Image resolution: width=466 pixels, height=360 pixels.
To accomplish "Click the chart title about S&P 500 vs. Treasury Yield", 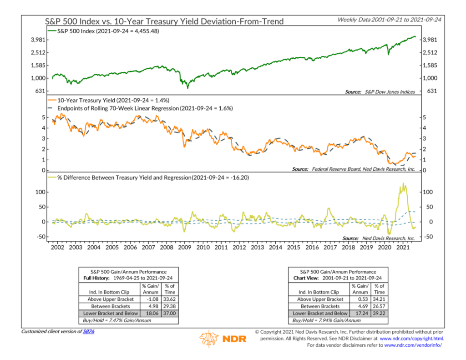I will (164, 21).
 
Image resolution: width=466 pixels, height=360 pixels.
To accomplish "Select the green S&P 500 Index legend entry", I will (107, 31).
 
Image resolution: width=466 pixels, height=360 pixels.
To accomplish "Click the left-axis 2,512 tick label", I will (37, 53).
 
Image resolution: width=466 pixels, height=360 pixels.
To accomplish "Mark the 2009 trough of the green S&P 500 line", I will (188, 88).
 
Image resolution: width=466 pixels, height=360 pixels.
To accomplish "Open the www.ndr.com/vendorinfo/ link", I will (413, 345).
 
